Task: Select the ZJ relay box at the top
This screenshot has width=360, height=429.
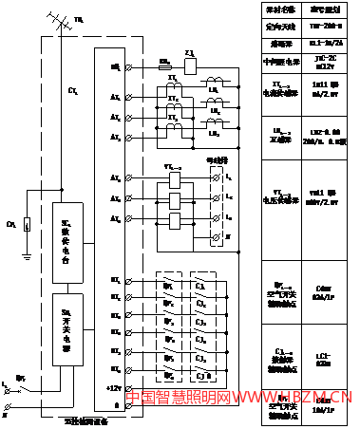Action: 190,66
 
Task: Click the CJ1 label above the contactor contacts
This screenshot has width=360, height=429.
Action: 199,284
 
